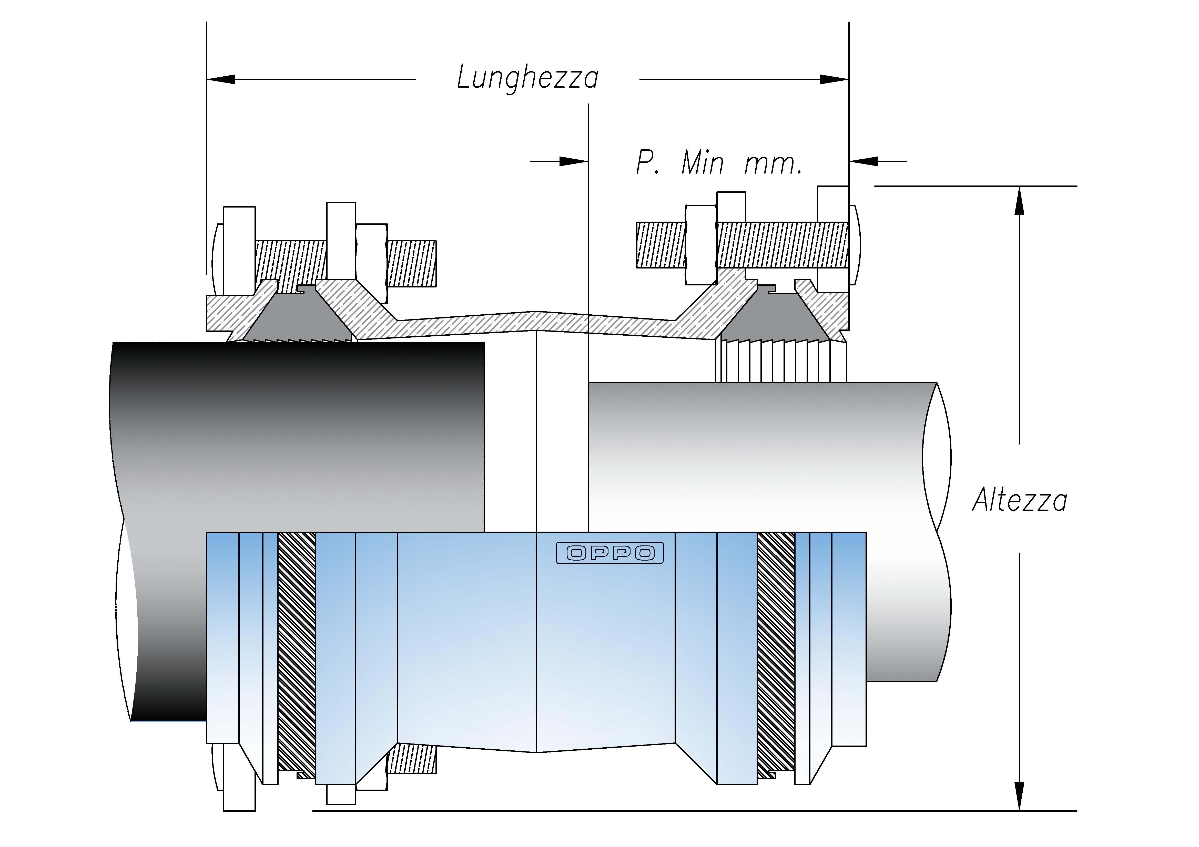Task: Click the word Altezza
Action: tap(1019, 500)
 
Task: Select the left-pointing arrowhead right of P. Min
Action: tap(864, 161)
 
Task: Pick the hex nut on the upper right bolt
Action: tap(701, 244)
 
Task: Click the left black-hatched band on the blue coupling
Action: tap(297, 652)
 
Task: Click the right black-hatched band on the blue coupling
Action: tap(776, 652)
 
